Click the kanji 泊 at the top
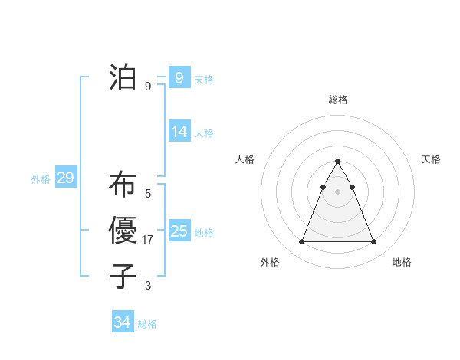pyautogui.click(x=123, y=77)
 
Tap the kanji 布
pyautogui.click(x=123, y=185)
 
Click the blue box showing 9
pyautogui.click(x=179, y=77)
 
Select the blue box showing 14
pyautogui.click(x=179, y=132)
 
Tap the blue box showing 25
pyautogui.click(x=179, y=231)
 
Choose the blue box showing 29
pyautogui.click(x=65, y=178)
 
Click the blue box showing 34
pyautogui.click(x=123, y=322)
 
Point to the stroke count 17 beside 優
pyautogui.click(x=148, y=240)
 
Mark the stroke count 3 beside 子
pyautogui.click(x=148, y=286)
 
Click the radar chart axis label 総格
pyautogui.click(x=338, y=100)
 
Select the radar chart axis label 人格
pyautogui.click(x=245, y=159)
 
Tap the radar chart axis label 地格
pyautogui.click(x=402, y=262)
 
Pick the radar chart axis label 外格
pyautogui.click(x=270, y=262)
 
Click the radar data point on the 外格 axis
pyautogui.click(x=301, y=242)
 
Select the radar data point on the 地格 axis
pyautogui.click(x=373, y=242)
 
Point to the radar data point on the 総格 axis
pyautogui.click(x=337, y=162)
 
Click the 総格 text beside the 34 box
pyautogui.click(x=147, y=324)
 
